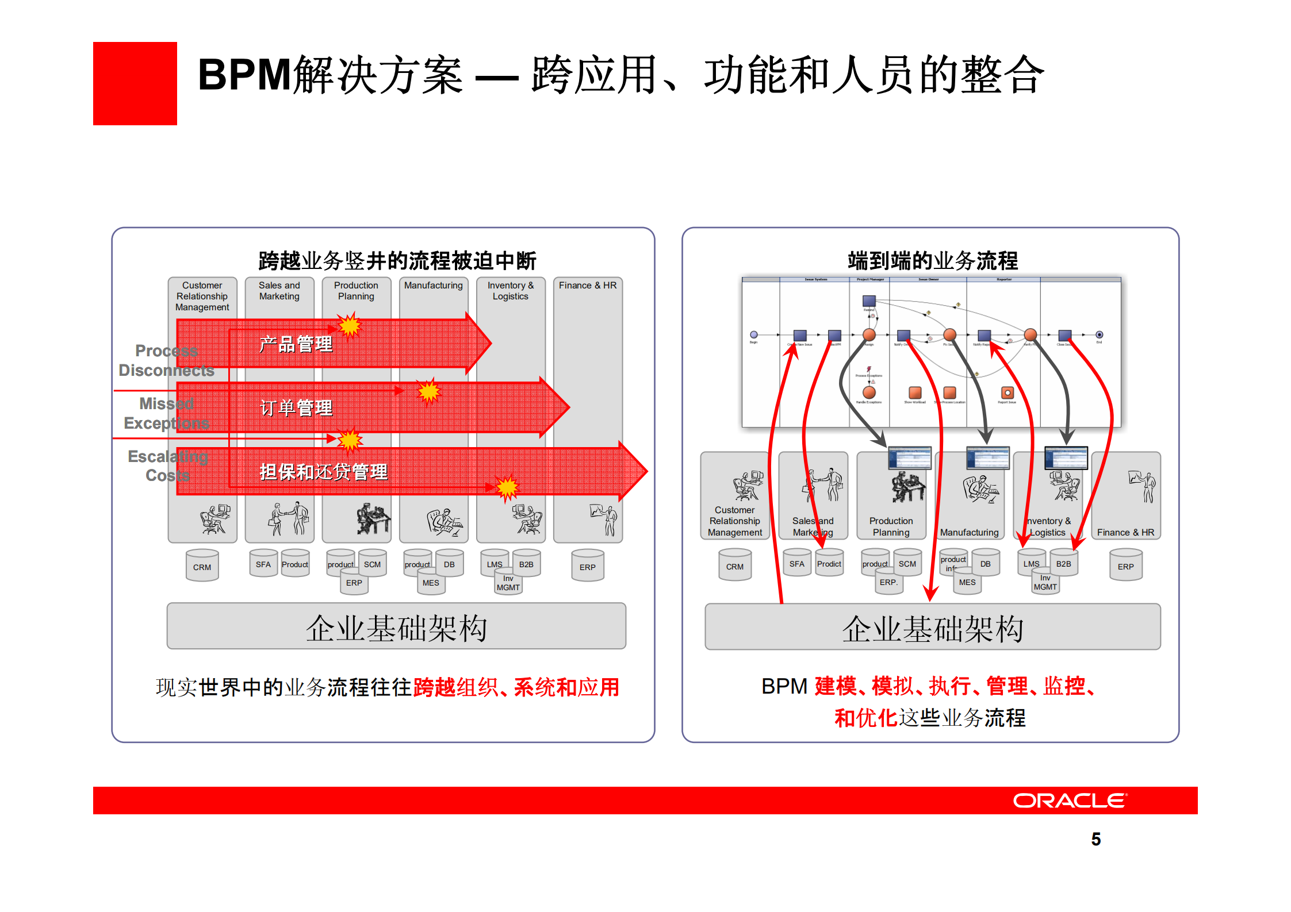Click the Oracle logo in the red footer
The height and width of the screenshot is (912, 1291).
pyautogui.click(x=1070, y=801)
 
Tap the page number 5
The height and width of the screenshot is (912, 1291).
pyautogui.click(x=1095, y=839)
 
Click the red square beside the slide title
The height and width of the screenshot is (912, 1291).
pyautogui.click(x=135, y=83)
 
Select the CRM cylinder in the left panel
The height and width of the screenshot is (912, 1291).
pyautogui.click(x=202, y=567)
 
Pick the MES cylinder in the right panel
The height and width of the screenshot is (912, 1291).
pyautogui.click(x=967, y=583)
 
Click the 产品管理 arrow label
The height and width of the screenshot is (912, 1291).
pyautogui.click(x=296, y=344)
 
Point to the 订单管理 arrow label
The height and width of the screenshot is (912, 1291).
pyautogui.click(x=296, y=408)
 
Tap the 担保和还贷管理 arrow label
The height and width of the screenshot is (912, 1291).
pyautogui.click(x=323, y=472)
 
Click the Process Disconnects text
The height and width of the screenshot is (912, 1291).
pyautogui.click(x=166, y=360)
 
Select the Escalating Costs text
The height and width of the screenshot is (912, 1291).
pyautogui.click(x=167, y=466)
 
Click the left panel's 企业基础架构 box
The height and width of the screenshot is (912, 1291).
pyautogui.click(x=396, y=627)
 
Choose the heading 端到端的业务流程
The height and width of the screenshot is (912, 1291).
pyautogui.click(x=932, y=261)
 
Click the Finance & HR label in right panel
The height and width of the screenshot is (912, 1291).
pyautogui.click(x=1125, y=532)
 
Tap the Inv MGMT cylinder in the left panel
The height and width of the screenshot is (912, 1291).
pyautogui.click(x=508, y=583)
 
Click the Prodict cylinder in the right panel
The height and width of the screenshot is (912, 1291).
pyautogui.click(x=829, y=564)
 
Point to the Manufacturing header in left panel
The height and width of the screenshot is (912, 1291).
pyautogui.click(x=433, y=286)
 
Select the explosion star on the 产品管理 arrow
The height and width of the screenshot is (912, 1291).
pyautogui.click(x=349, y=326)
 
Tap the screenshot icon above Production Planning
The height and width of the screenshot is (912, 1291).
pyautogui.click(x=909, y=458)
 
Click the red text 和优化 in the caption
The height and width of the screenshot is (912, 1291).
pyautogui.click(x=865, y=718)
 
